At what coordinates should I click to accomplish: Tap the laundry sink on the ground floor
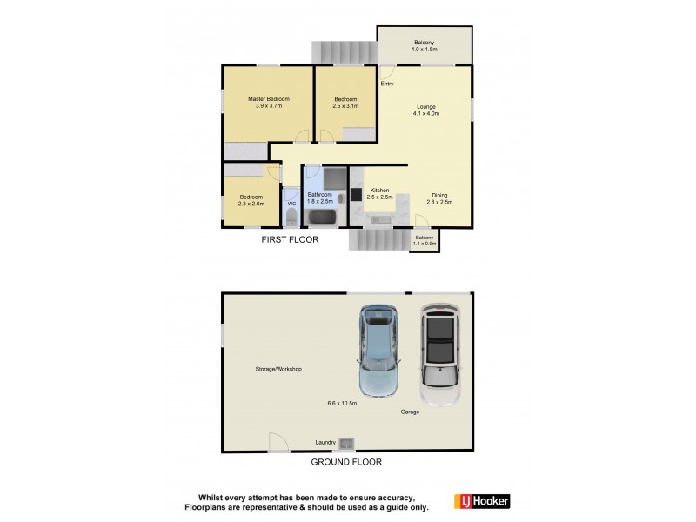point(346,444)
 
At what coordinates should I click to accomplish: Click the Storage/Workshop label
point(278,370)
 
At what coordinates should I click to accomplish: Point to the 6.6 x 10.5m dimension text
point(342,403)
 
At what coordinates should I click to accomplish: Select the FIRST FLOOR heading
point(291,239)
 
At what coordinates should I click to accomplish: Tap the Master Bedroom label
point(268,103)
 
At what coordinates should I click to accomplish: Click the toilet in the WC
point(291,216)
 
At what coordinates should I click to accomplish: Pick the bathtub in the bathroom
point(322,217)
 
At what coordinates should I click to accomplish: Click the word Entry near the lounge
point(387,84)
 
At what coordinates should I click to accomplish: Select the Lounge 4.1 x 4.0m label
point(426,110)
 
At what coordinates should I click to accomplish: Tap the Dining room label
point(439,198)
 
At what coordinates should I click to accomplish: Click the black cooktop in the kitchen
point(356,195)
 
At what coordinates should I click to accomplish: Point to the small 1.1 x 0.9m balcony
point(425,240)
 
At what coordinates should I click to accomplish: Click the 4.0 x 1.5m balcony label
point(425,46)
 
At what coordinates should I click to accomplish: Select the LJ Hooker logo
point(482,501)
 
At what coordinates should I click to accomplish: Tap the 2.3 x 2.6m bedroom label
point(252,200)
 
